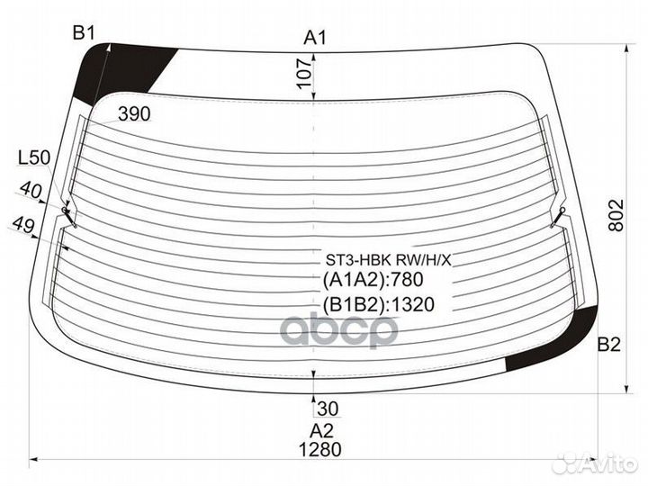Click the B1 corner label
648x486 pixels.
84,32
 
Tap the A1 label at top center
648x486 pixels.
315,38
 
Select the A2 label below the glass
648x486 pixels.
321,430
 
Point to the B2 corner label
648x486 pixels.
609,344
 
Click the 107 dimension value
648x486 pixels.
304,73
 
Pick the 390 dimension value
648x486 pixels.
134,113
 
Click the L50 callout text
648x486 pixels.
34,157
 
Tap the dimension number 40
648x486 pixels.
31,190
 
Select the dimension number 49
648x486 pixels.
23,225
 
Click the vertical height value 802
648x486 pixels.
616,215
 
